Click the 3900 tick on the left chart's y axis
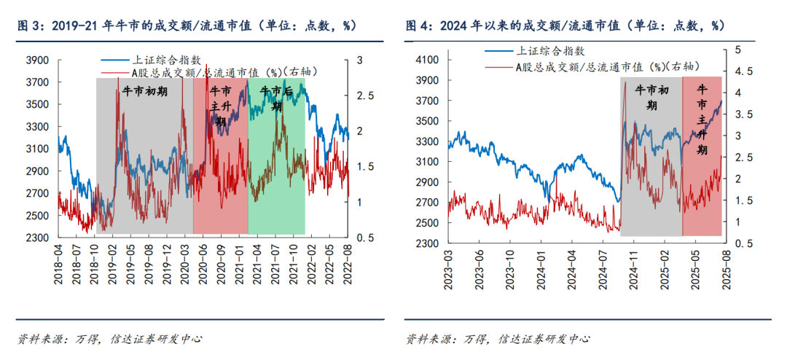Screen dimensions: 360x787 [37, 60]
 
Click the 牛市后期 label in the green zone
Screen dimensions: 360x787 [277, 98]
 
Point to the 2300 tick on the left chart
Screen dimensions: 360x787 [37, 238]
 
